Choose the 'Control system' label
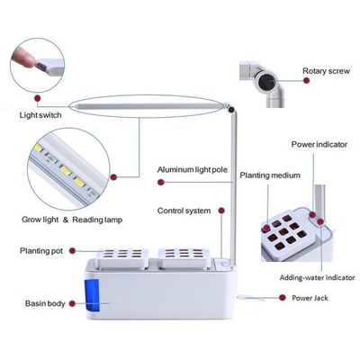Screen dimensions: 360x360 pos(184,211)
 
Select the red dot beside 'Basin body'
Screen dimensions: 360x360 pos(76,302)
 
